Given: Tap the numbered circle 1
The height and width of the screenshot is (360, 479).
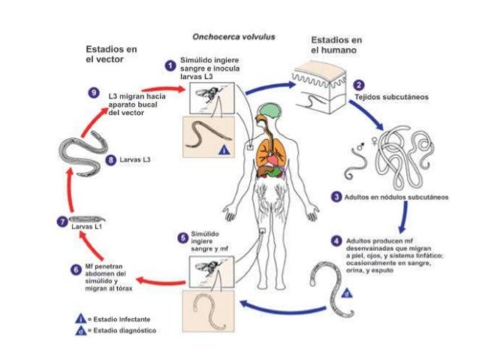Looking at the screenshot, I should [170, 66].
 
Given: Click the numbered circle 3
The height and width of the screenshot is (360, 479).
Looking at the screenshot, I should [336, 197].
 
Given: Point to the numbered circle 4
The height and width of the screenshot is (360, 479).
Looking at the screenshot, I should [336, 241].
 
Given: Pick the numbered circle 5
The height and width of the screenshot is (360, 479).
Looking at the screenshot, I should [181, 238].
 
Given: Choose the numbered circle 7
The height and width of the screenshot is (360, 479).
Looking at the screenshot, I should [62, 220].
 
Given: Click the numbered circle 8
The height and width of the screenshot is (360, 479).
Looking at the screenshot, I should [111, 159].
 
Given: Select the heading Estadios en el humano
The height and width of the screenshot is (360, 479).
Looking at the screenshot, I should [336, 44].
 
